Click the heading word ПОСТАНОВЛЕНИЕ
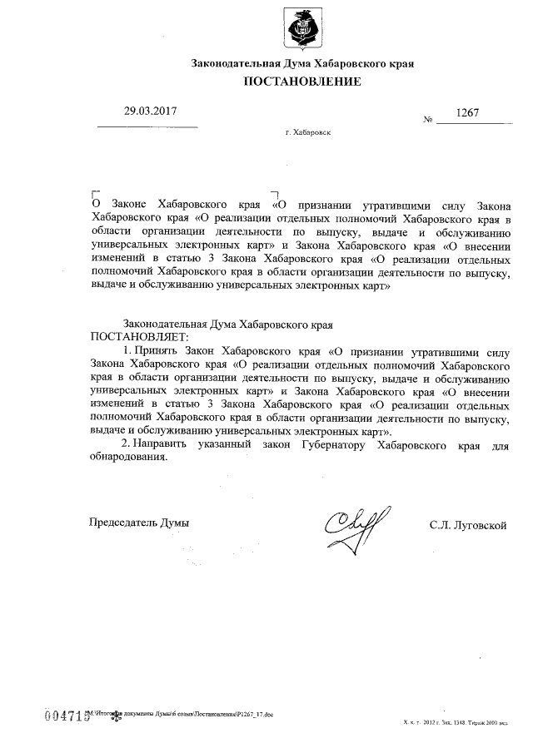pos(302,82)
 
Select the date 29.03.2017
pos(151,110)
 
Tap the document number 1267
pos(467,112)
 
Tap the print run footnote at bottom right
pos(454,726)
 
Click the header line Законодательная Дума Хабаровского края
pos(302,62)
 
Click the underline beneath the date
pos(148,126)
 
